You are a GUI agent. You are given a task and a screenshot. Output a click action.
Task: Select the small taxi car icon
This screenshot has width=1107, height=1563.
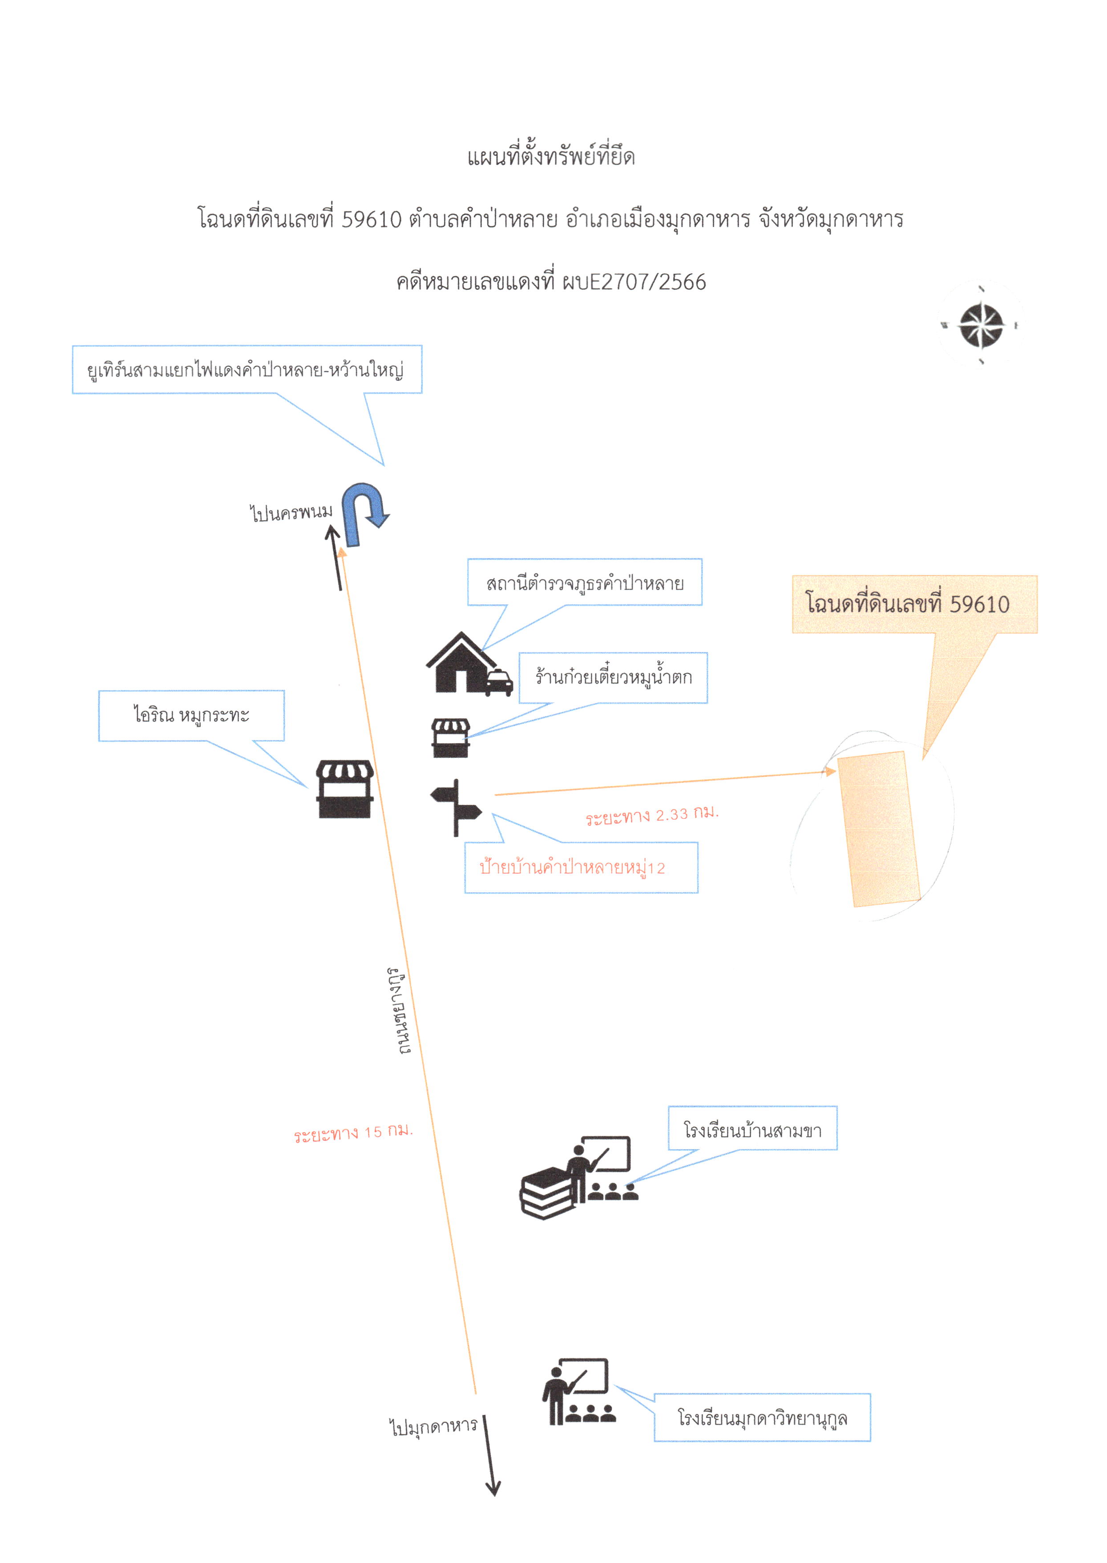(499, 683)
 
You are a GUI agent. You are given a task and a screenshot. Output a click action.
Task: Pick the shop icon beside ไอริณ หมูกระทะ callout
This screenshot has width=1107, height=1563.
(345, 789)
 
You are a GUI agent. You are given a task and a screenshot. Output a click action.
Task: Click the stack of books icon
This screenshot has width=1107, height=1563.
(547, 1192)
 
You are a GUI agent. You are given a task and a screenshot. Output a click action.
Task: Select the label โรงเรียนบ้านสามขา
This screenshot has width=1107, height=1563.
(752, 1131)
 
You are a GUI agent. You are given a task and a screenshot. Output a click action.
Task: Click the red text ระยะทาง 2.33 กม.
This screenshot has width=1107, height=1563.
(652, 814)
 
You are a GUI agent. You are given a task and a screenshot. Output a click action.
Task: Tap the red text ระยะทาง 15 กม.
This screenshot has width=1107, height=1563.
(354, 1133)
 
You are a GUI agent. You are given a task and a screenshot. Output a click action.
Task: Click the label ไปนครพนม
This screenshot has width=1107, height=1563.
(291, 512)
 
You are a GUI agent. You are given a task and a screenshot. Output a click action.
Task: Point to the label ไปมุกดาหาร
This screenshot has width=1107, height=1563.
(433, 1426)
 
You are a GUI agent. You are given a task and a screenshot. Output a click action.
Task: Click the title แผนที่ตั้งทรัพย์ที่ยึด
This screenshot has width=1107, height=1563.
(551, 156)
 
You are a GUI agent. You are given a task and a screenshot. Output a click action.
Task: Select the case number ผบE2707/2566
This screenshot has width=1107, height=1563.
(634, 282)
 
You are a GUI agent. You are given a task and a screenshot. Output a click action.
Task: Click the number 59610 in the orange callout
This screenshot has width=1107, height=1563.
(980, 604)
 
